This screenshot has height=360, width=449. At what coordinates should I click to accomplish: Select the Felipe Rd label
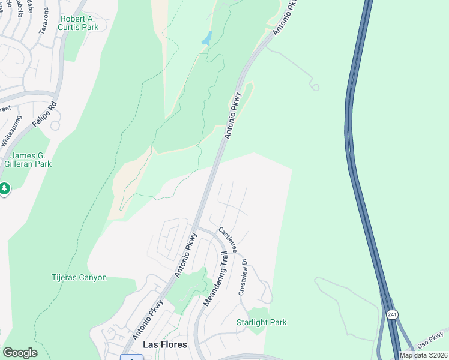point(45,112)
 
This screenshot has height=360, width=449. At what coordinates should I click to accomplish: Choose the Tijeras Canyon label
point(79,278)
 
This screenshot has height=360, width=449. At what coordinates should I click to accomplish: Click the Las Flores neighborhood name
point(164,345)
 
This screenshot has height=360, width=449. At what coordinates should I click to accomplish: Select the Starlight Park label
point(261,323)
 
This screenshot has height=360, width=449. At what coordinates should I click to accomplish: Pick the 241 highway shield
point(392,314)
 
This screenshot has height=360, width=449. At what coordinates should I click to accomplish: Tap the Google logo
point(20,353)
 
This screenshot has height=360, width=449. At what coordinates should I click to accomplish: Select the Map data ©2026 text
point(424,355)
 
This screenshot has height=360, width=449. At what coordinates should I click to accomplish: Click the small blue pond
point(207,38)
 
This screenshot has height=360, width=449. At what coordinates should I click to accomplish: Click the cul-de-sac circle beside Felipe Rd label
point(55,126)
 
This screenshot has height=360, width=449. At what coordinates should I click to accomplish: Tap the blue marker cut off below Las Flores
point(131,357)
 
